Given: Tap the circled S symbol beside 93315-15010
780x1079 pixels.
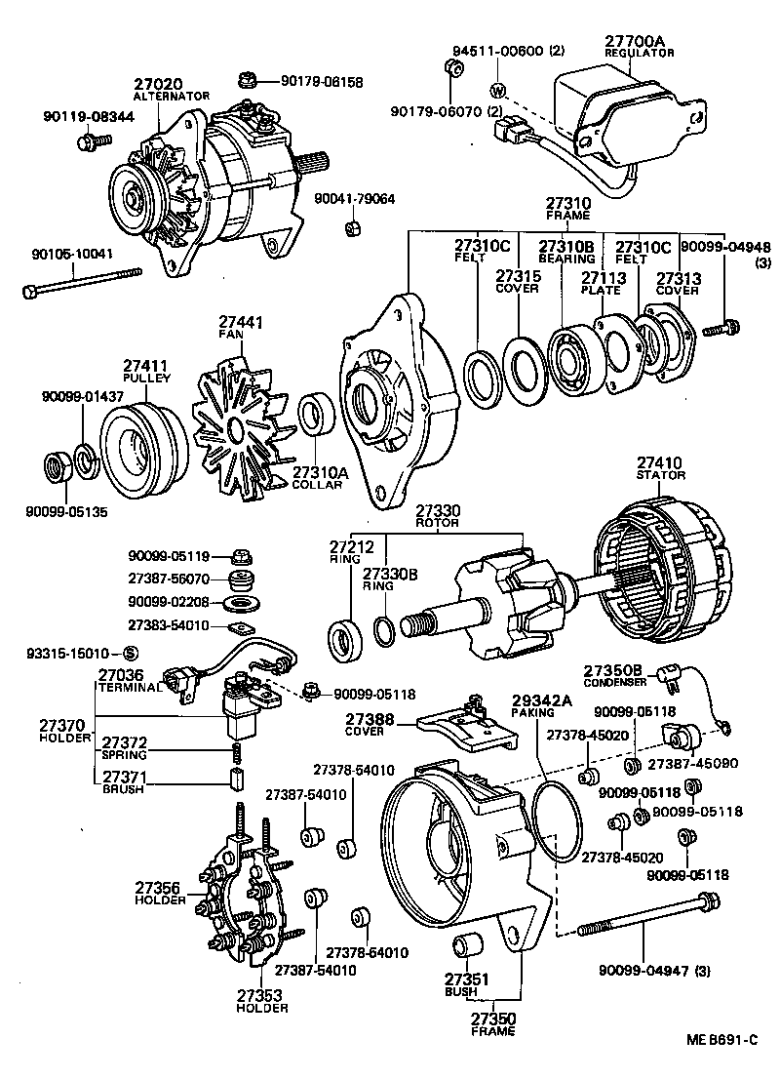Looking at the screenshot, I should (x=131, y=653).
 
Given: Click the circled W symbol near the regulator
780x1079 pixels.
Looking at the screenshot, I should (x=497, y=92).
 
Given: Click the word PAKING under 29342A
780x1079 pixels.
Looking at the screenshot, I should (x=531, y=713).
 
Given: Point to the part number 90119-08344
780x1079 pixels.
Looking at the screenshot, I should (x=82, y=116).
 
